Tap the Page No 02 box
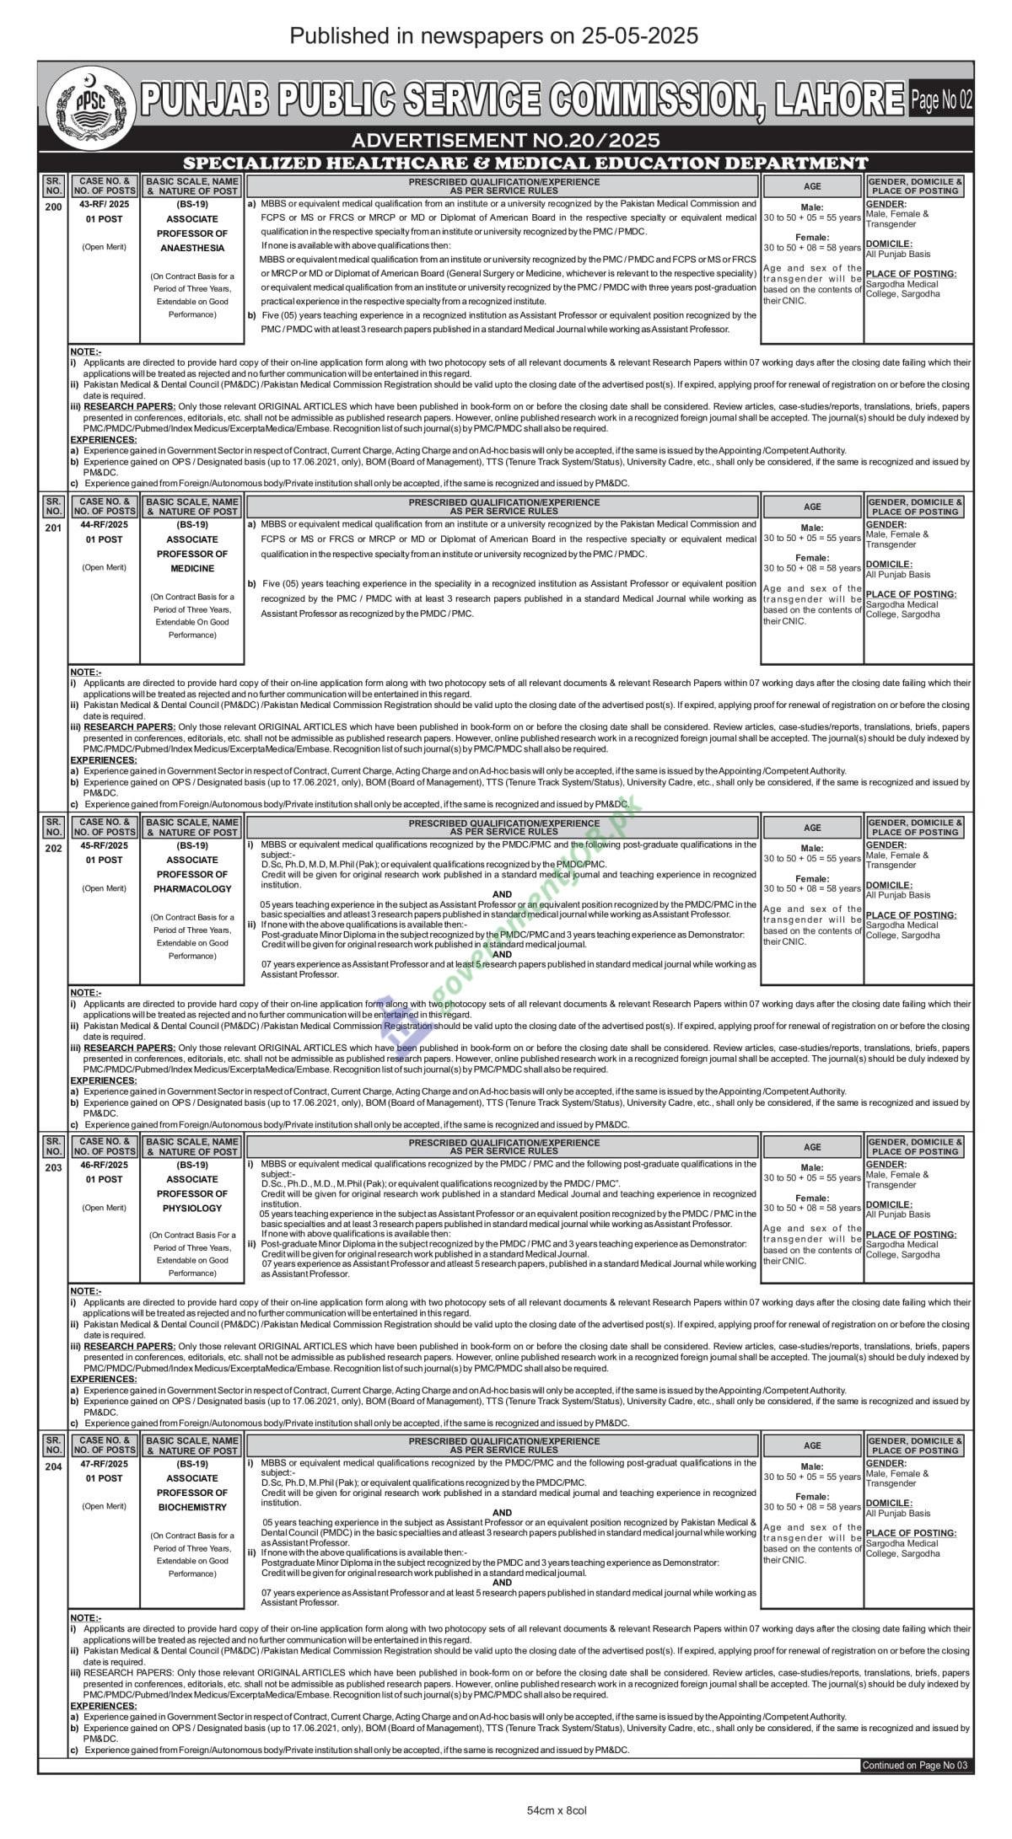click(941, 100)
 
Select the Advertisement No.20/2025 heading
click(505, 140)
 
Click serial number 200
click(53, 206)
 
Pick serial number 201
click(53, 528)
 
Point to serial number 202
click(53, 848)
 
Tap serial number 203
click(53, 1167)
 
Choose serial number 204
click(53, 1466)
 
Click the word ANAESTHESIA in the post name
click(192, 248)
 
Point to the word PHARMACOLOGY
click(192, 888)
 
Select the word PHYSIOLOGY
click(192, 1208)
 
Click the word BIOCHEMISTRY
click(192, 1507)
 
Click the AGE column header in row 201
click(812, 507)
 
